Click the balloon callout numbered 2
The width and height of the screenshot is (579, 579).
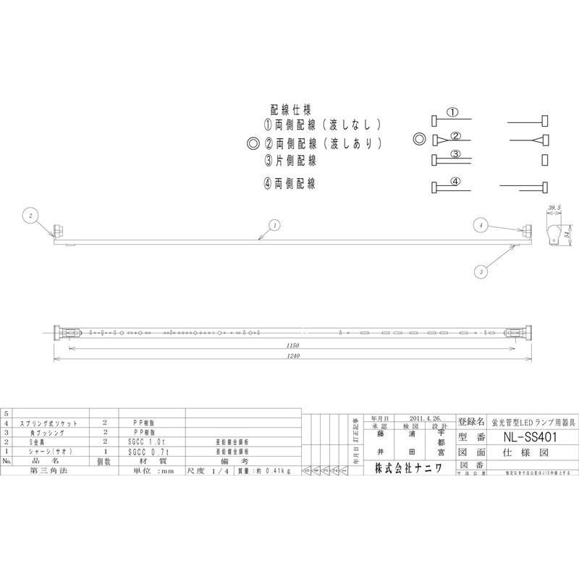pyautogui.click(x=30, y=215)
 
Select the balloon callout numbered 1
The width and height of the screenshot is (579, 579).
pyautogui.click(x=274, y=224)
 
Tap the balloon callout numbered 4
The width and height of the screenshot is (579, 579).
pyautogui.click(x=479, y=225)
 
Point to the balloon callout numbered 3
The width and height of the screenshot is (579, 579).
pyautogui.click(x=481, y=271)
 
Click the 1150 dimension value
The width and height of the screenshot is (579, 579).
pyautogui.click(x=291, y=347)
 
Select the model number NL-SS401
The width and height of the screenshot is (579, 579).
pyautogui.click(x=531, y=437)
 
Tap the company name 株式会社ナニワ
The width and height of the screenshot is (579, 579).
pyautogui.click(x=411, y=468)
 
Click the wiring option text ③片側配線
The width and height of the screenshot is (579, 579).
pyautogui.click(x=290, y=160)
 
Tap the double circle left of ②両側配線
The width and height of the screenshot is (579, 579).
pyautogui.click(x=253, y=143)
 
